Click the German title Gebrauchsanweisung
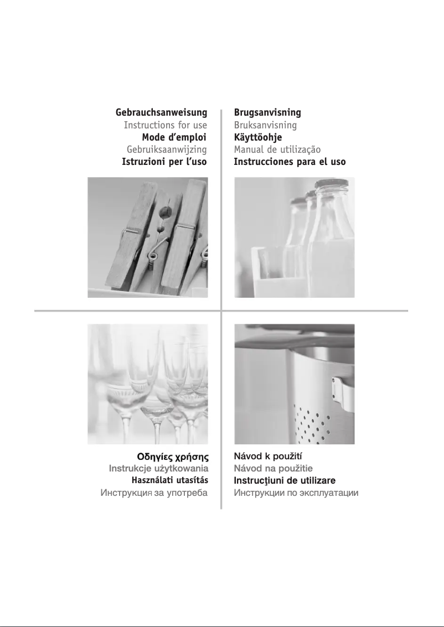(161, 113)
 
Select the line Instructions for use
(165, 125)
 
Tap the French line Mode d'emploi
(174, 137)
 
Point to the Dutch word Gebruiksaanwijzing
(167, 150)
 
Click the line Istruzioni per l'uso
(164, 162)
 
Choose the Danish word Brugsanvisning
(267, 113)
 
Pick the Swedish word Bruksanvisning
(265, 125)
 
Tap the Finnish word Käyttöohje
(258, 137)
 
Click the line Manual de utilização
(277, 150)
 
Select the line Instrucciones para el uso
(290, 162)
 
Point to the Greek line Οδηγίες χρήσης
(173, 458)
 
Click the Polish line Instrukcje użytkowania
(158, 469)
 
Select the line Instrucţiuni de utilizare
(285, 480)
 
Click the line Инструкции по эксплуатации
(296, 493)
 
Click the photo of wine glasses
(148, 384)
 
